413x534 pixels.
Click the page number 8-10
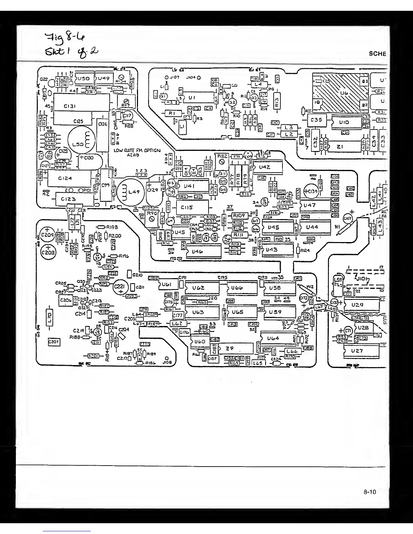click(x=370, y=492)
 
